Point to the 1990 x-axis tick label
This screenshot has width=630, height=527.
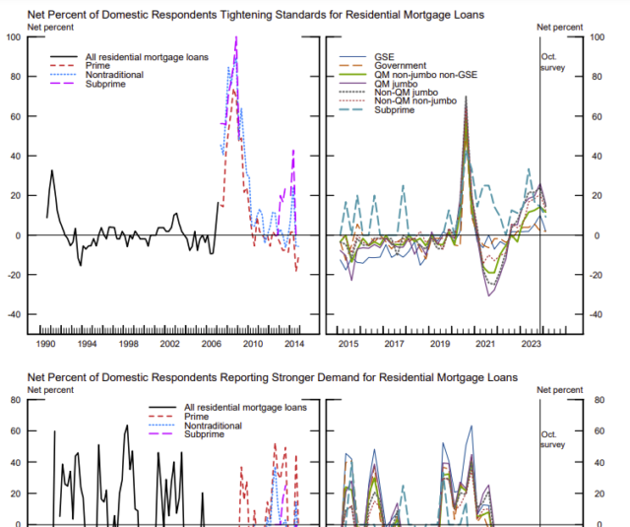pos(46,345)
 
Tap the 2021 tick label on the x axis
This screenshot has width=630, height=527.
pos(484,345)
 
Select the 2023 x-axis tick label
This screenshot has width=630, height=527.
pos(531,345)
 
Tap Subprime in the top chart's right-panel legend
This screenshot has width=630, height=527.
pos(394,109)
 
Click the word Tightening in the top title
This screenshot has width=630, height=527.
pos(213,15)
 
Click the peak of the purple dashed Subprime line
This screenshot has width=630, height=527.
pos(236,37)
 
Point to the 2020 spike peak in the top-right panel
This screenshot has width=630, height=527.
pos(466,97)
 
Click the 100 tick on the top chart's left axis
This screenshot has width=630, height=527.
pos(13,37)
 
